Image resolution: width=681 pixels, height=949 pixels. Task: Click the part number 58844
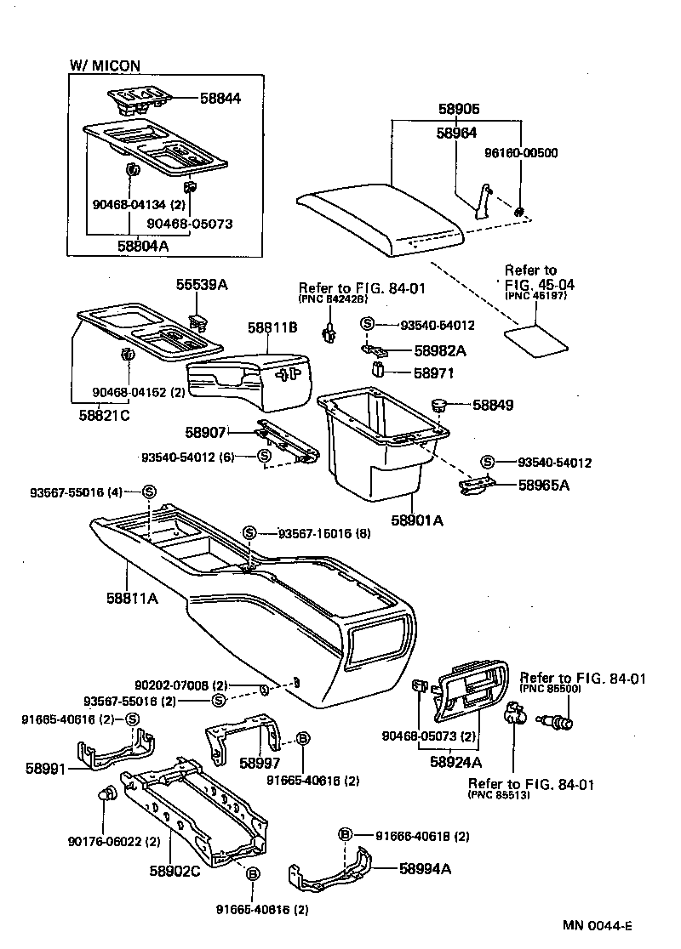220,99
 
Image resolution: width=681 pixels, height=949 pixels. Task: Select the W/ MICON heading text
104,65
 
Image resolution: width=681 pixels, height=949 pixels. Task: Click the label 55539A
202,286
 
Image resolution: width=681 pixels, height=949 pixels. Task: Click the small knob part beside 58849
440,406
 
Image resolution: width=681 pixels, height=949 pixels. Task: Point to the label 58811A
132,598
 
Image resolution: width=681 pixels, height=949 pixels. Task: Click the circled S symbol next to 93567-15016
249,532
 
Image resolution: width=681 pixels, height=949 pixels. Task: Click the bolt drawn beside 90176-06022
106,795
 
